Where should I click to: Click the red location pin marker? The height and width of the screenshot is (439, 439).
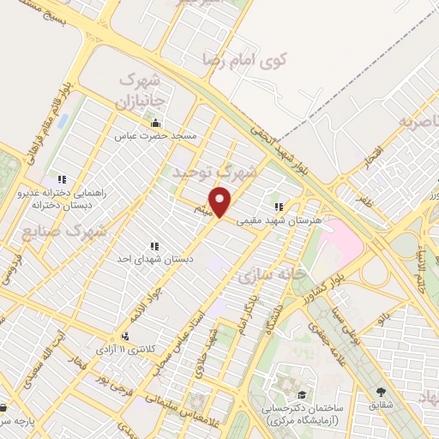tap(221, 202)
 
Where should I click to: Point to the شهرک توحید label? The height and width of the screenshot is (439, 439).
tap(213, 171)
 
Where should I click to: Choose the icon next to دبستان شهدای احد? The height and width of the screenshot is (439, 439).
tap(155, 245)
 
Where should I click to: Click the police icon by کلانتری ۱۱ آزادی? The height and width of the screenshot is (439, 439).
tap(126, 336)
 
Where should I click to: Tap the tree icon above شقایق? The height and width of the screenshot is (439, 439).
tap(380, 392)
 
